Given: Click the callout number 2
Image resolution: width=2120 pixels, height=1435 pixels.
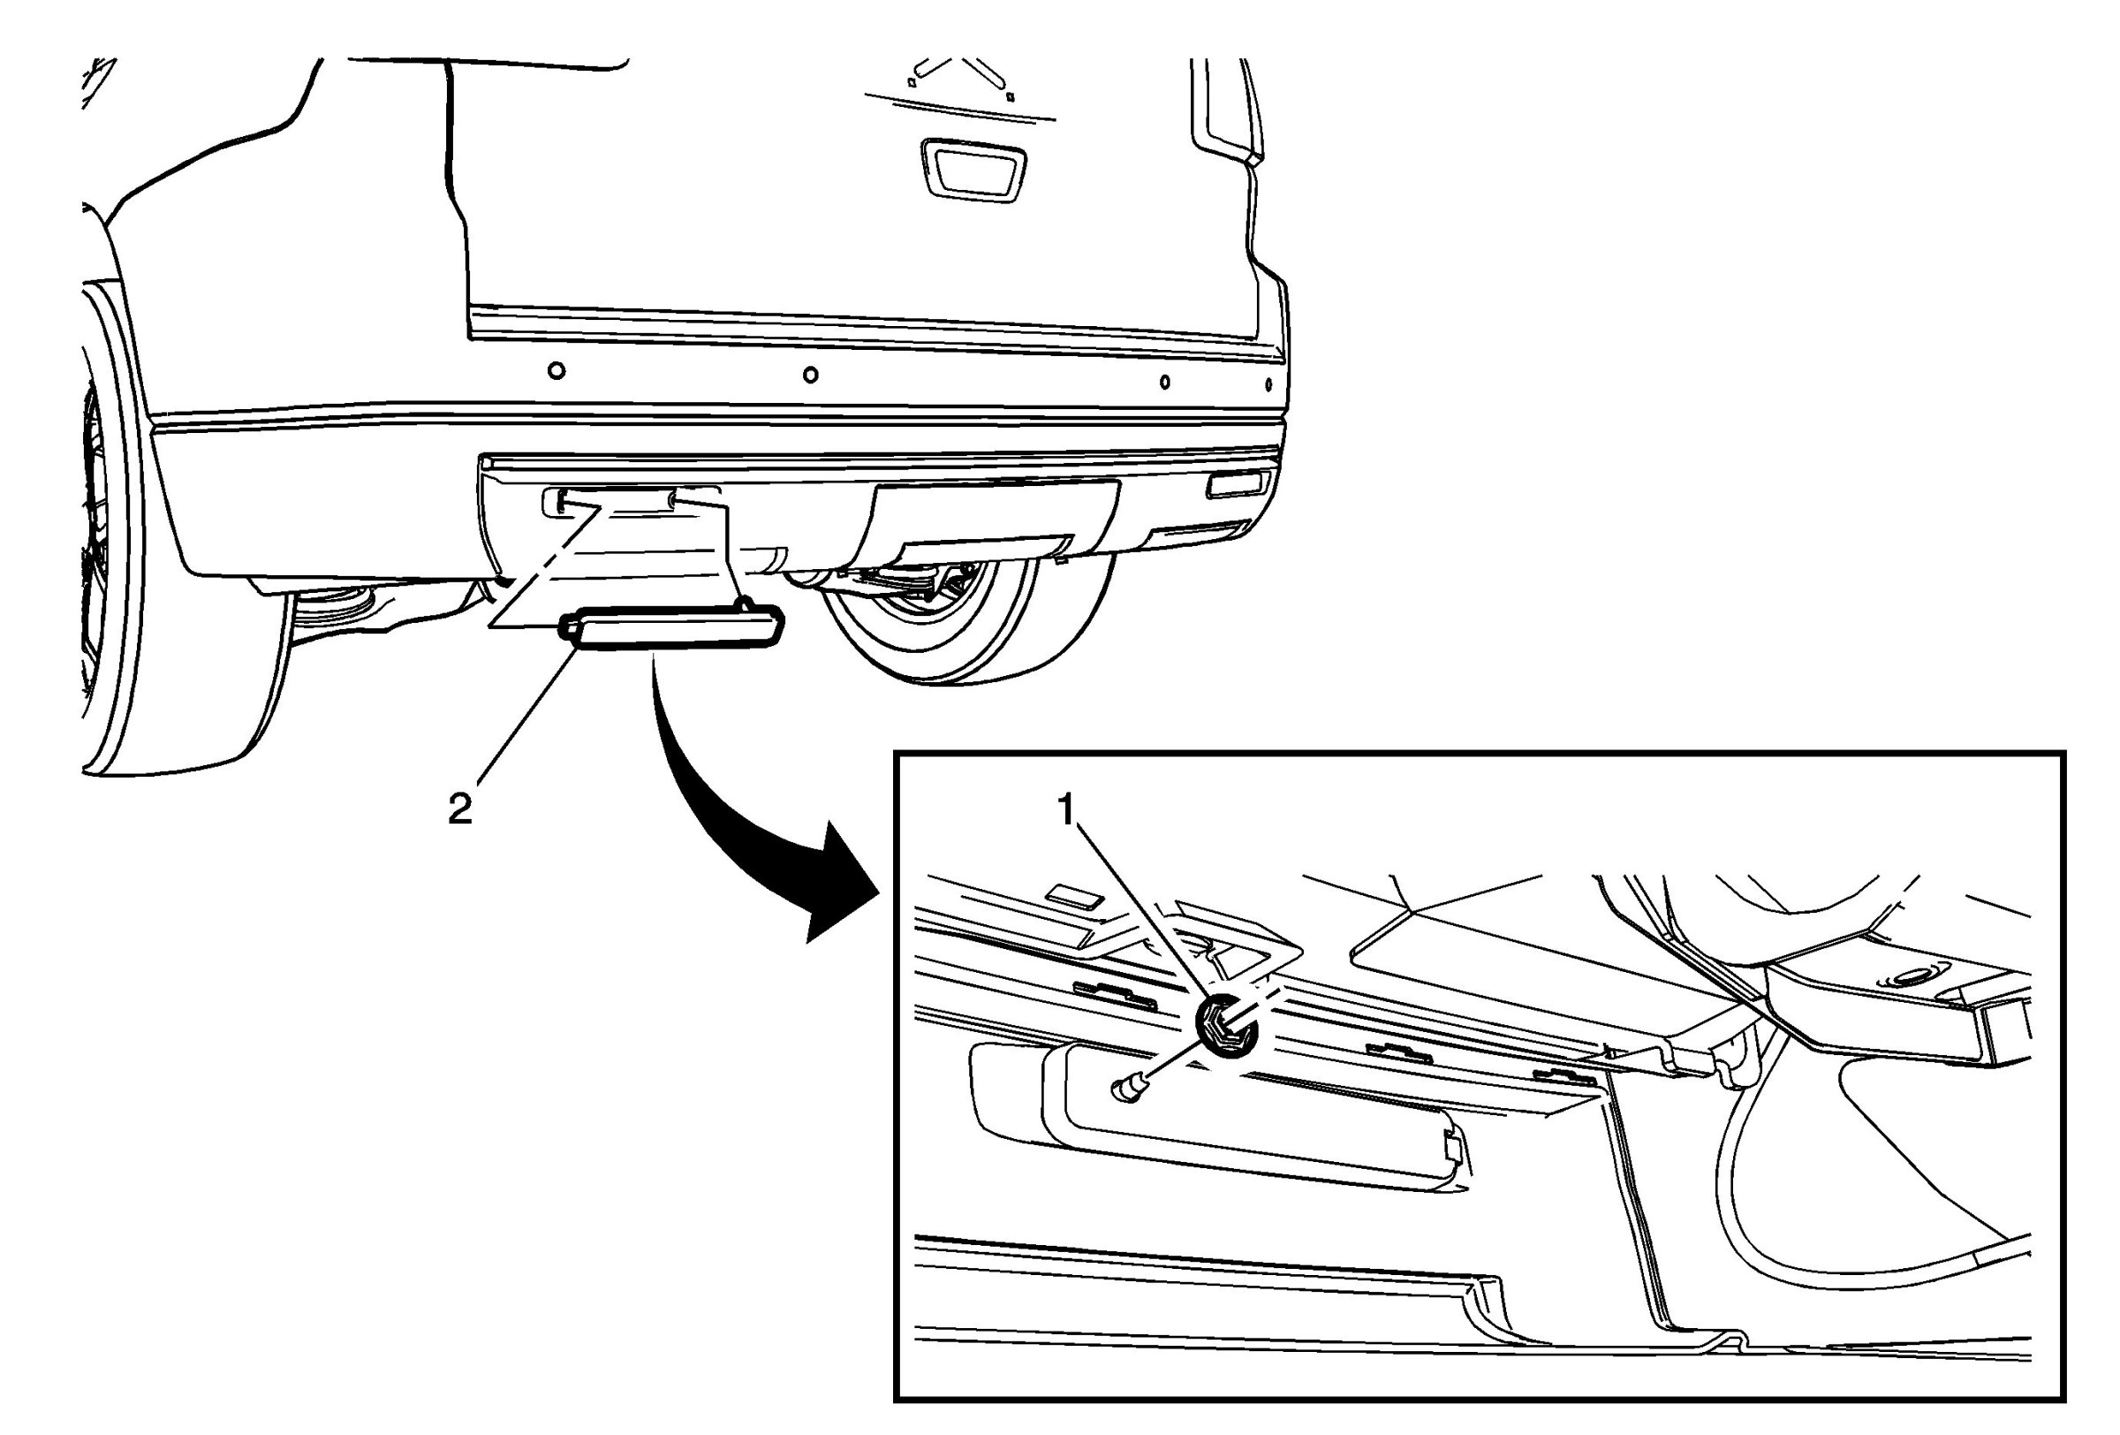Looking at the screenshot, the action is [459, 809].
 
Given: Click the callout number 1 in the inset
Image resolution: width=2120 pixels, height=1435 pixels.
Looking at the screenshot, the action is [1068, 810].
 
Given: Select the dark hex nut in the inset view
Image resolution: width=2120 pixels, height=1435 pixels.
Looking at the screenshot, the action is [1226, 1025].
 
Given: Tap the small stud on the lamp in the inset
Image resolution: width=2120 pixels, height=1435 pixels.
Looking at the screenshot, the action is [1129, 1088].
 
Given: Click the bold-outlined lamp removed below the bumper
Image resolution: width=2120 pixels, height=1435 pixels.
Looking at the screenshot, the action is [671, 630].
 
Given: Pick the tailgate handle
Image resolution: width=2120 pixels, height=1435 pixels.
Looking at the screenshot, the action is [972, 170].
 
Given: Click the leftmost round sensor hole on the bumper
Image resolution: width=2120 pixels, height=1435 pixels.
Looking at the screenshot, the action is [556, 370].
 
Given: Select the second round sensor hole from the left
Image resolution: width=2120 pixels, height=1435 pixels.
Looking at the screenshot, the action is [810, 374].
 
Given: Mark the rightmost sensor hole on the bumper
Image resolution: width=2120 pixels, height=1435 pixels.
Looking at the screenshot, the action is [1268, 384].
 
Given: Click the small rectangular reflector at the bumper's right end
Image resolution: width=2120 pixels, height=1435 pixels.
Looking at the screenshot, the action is [1235, 484].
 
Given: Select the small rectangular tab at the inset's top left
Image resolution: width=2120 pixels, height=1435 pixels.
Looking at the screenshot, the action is [1076, 896].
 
